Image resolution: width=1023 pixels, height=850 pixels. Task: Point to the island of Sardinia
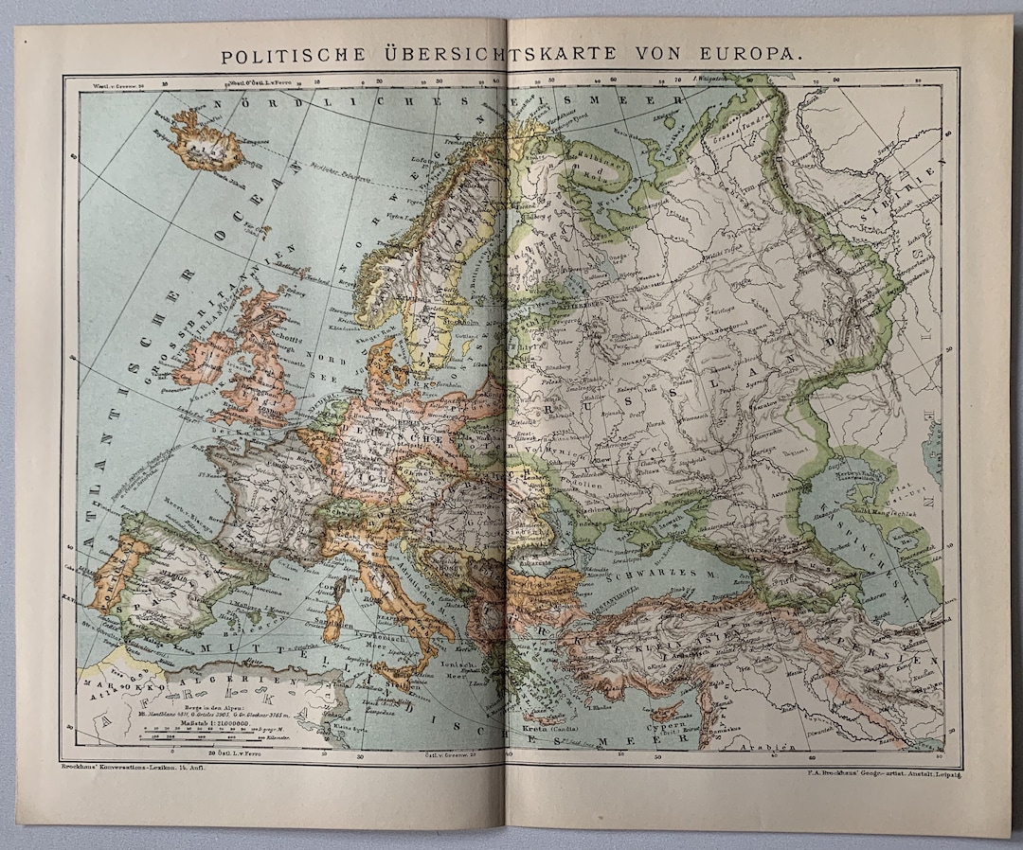pos(333,619)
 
